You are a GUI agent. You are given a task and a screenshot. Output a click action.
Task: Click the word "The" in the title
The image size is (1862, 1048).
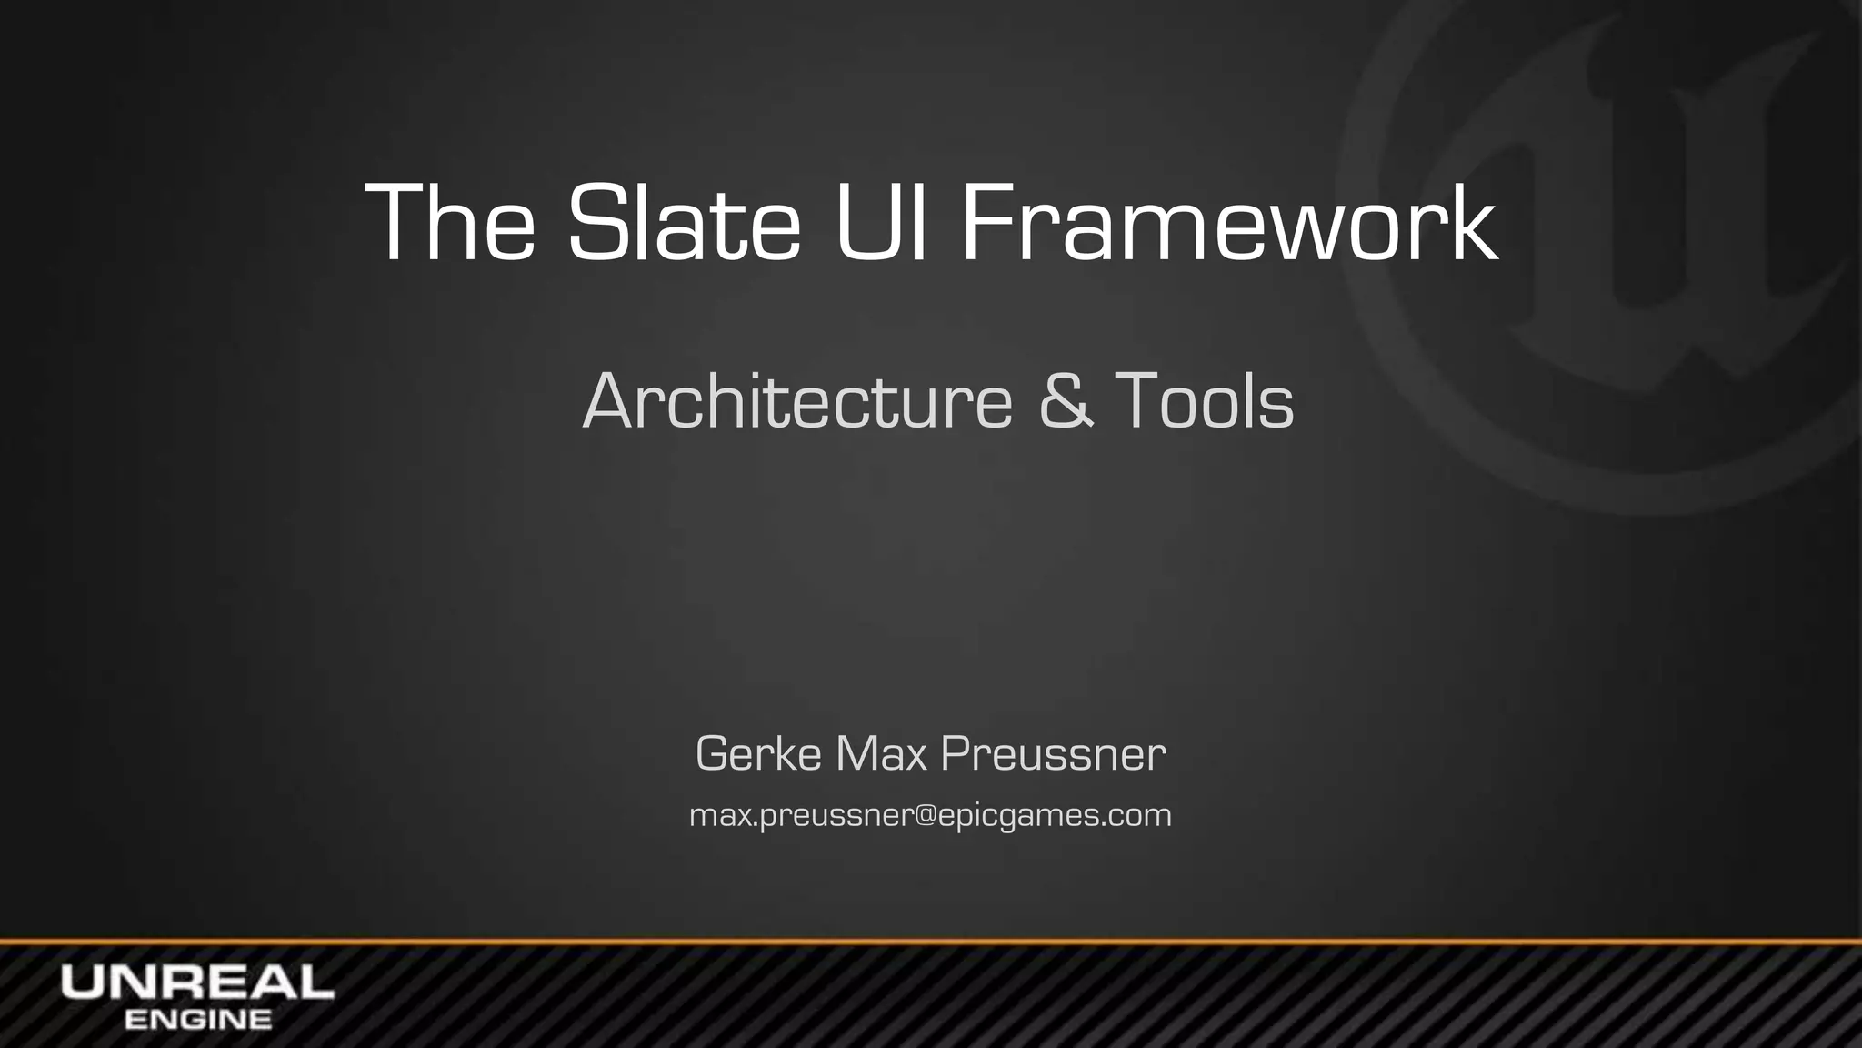click(449, 223)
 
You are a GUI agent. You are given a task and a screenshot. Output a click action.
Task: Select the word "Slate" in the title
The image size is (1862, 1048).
click(684, 223)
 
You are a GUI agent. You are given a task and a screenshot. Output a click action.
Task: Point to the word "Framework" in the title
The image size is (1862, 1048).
click(1228, 223)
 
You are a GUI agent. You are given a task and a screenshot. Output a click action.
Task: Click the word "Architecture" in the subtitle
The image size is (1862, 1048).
click(797, 401)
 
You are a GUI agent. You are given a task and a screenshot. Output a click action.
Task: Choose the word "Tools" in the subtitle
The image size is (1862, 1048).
click(1204, 401)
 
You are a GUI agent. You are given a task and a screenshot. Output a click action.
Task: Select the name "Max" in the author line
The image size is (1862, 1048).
click(880, 753)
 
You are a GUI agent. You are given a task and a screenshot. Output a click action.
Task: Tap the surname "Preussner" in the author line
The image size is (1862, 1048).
click(1053, 753)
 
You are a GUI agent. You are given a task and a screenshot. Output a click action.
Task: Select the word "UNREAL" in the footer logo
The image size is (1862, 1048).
click(197, 982)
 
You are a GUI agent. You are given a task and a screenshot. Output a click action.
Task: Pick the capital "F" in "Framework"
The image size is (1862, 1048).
click(986, 223)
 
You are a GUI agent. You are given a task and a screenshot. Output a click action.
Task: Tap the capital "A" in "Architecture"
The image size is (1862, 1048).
click(609, 401)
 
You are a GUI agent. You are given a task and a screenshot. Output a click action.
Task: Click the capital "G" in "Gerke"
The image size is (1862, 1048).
click(712, 753)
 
